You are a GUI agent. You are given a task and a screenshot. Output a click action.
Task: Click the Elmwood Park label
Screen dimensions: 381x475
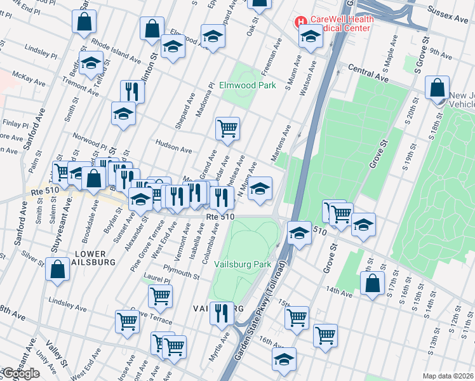point(247,85)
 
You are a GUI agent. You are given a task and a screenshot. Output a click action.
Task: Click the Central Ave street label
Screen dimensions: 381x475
point(367,74)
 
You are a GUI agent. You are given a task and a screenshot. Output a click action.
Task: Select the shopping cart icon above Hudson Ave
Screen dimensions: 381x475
point(227,128)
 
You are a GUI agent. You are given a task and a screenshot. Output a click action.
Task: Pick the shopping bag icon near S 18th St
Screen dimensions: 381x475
point(438,88)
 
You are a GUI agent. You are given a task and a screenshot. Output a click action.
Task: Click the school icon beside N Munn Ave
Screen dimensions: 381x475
point(259,188)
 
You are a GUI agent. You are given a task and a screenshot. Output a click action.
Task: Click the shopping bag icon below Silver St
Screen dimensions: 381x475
point(57,269)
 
